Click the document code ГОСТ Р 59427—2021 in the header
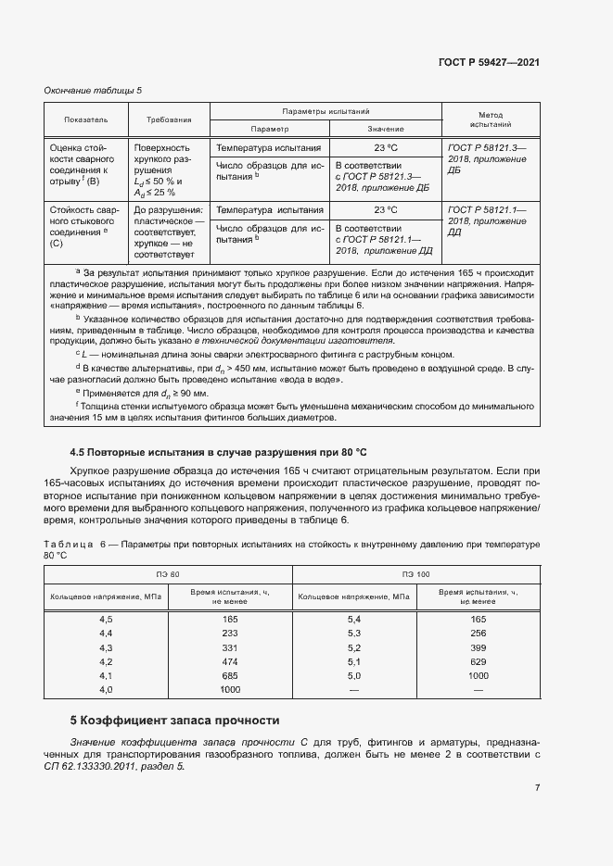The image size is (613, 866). point(489,62)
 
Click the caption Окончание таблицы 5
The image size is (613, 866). point(93,90)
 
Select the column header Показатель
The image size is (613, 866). point(86,120)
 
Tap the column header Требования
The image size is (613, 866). point(169,120)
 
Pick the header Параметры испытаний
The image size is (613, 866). point(326,110)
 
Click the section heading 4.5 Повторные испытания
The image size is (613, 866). point(219,452)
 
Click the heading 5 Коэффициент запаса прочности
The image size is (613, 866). point(174,721)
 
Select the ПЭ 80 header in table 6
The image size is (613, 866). point(168,575)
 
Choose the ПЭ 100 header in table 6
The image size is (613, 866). point(415,575)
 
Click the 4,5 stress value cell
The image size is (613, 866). point(106,618)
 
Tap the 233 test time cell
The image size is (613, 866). point(230,633)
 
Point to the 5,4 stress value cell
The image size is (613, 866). point(353,618)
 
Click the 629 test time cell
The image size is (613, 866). point(479,661)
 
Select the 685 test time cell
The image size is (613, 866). point(230,676)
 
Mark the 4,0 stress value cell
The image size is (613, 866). point(106,690)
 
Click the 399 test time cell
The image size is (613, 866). point(479,646)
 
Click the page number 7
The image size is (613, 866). point(537,788)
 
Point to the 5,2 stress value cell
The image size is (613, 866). point(353,646)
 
